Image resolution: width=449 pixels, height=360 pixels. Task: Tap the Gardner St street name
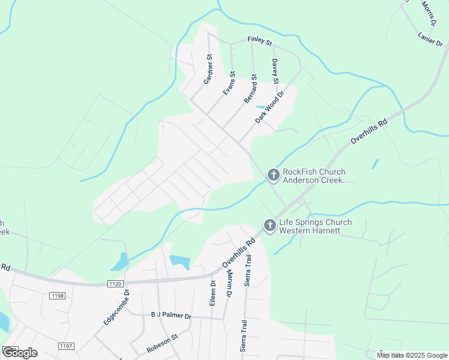(x=208, y=69)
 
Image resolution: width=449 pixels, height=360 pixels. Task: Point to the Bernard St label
(x=250, y=89)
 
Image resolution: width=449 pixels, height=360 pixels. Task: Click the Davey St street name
(x=275, y=71)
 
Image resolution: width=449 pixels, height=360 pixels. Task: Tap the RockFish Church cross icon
(x=273, y=175)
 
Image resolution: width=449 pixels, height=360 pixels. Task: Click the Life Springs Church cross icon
(x=270, y=226)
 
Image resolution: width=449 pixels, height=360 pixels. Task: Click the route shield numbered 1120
(x=115, y=283)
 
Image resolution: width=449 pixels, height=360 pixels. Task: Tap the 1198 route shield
(x=58, y=295)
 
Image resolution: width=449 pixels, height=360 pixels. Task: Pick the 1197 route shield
(x=66, y=346)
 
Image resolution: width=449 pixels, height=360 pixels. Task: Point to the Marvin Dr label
(x=229, y=283)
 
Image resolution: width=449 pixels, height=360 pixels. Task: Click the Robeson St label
(x=163, y=344)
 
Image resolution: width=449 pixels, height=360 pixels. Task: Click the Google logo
(x=20, y=353)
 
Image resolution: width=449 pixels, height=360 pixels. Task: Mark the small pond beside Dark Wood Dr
(x=261, y=107)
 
